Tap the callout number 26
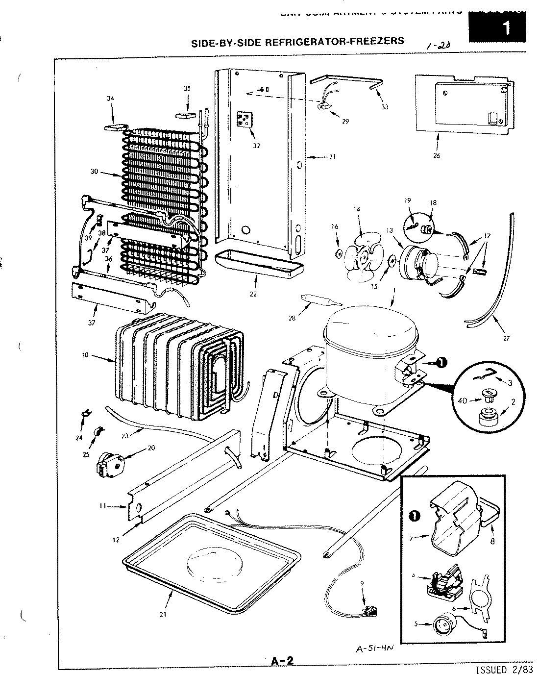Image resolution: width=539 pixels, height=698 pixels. [437, 156]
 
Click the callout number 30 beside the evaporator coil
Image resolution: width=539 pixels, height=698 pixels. [94, 172]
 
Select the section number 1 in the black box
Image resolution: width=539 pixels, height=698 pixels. [507, 28]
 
